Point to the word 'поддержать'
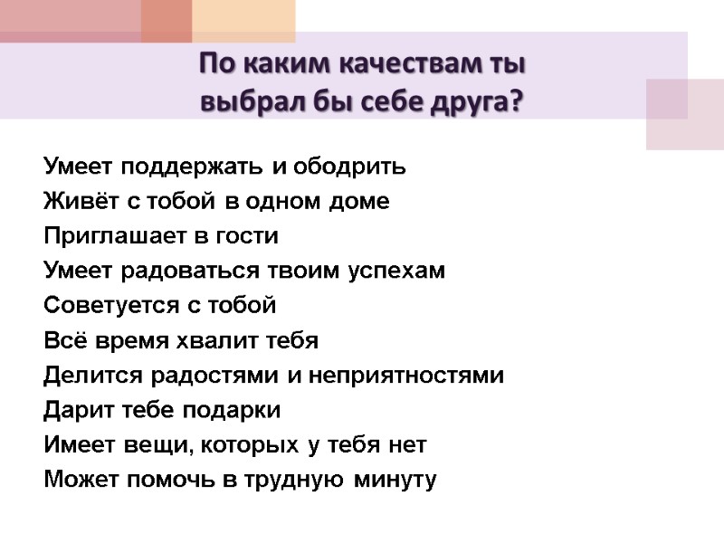point(194,167)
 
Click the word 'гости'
point(247,236)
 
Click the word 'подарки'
point(232,411)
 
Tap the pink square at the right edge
point(685,114)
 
